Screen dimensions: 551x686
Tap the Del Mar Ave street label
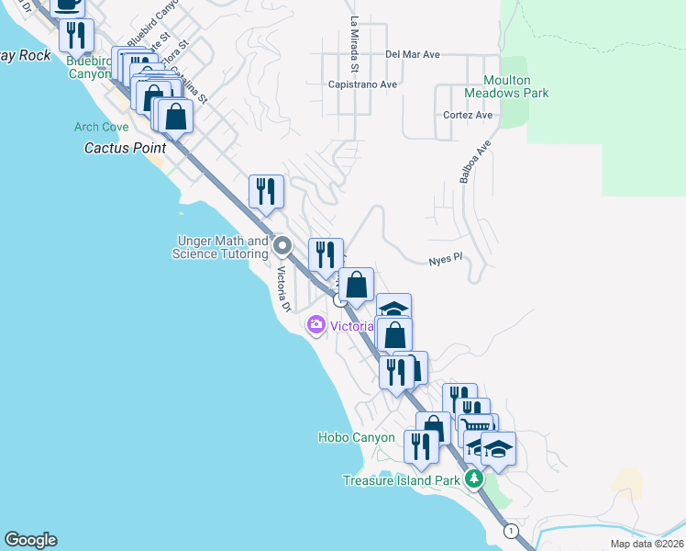(x=413, y=54)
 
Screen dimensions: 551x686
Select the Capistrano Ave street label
(x=362, y=84)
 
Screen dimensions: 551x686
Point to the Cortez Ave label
(x=468, y=115)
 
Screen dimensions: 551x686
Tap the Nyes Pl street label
(x=443, y=262)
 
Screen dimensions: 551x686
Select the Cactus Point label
(x=126, y=147)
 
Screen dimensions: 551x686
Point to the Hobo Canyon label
(x=357, y=438)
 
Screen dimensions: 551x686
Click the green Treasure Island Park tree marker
(x=473, y=479)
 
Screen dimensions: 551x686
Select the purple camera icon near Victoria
(x=316, y=325)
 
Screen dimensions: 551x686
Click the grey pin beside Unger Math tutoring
(x=282, y=246)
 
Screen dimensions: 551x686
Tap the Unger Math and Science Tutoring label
(x=220, y=247)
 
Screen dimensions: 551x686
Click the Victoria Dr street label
(x=285, y=292)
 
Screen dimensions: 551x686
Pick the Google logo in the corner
(x=30, y=540)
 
